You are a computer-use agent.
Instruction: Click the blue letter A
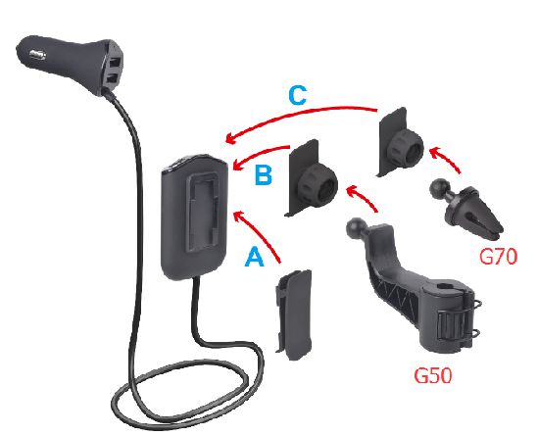click(x=254, y=258)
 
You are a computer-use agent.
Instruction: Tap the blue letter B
click(x=264, y=175)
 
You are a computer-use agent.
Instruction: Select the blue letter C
click(x=297, y=95)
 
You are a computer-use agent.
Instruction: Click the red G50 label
click(x=433, y=375)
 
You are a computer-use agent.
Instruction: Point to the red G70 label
click(x=498, y=257)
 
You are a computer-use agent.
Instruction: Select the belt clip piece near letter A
click(x=294, y=315)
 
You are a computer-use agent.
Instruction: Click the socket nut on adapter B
click(x=318, y=185)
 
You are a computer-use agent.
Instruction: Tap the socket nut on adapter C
click(x=408, y=148)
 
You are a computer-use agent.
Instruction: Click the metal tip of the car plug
click(x=38, y=54)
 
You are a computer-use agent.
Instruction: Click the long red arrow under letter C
click(x=299, y=117)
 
